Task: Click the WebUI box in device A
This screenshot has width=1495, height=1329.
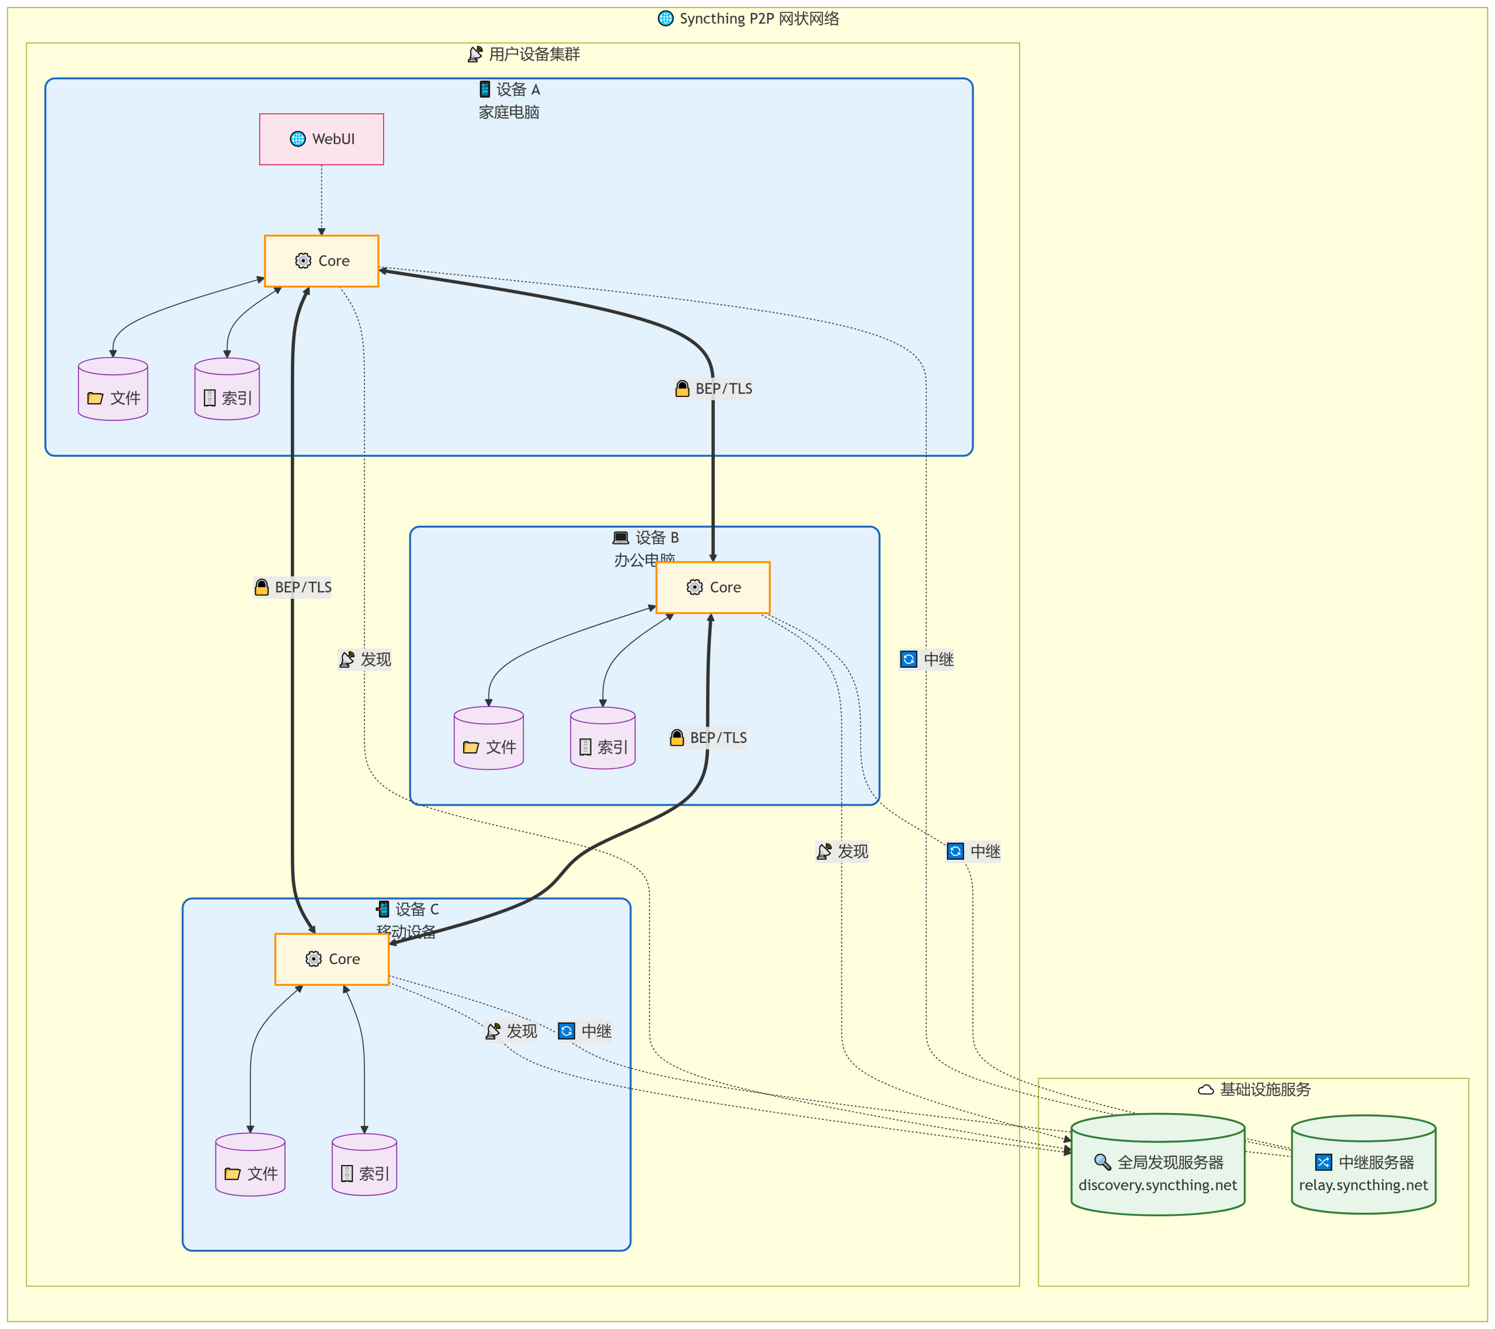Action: tap(321, 139)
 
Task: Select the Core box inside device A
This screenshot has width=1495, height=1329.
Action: tap(321, 261)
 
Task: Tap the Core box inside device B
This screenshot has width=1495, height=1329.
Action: tap(712, 587)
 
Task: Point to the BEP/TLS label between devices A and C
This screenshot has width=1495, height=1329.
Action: tap(293, 587)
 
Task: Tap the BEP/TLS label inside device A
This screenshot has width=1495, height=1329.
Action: tap(713, 389)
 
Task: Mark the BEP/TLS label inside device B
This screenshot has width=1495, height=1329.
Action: tap(708, 738)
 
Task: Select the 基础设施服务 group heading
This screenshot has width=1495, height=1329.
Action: tap(1254, 1089)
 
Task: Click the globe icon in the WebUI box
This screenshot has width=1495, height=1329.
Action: tap(298, 139)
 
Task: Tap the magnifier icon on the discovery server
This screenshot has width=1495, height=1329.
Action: tap(1102, 1161)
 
